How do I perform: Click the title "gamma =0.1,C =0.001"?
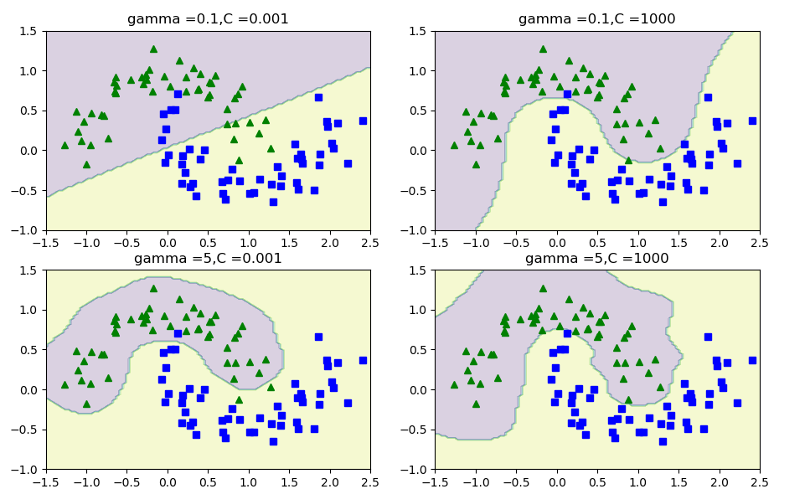coord(208,19)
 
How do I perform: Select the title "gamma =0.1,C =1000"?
coord(596,19)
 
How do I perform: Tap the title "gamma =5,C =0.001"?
coord(208,259)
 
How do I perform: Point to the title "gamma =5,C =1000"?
coord(596,259)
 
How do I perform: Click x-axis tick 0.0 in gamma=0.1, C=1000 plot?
coord(556,244)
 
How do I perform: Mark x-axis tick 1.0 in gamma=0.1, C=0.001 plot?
coord(248,244)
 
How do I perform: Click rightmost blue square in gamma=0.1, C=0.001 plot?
coord(363,121)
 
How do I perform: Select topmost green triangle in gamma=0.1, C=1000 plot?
coord(542,49)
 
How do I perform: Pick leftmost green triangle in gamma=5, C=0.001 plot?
coord(64,384)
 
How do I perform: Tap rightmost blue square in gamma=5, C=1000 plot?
coord(751,360)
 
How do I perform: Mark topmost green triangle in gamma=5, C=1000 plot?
coord(542,288)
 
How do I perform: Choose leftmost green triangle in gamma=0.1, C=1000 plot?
coord(453,145)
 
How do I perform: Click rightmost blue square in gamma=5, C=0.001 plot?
coord(363,360)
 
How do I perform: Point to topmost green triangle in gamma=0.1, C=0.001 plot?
coord(153,49)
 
